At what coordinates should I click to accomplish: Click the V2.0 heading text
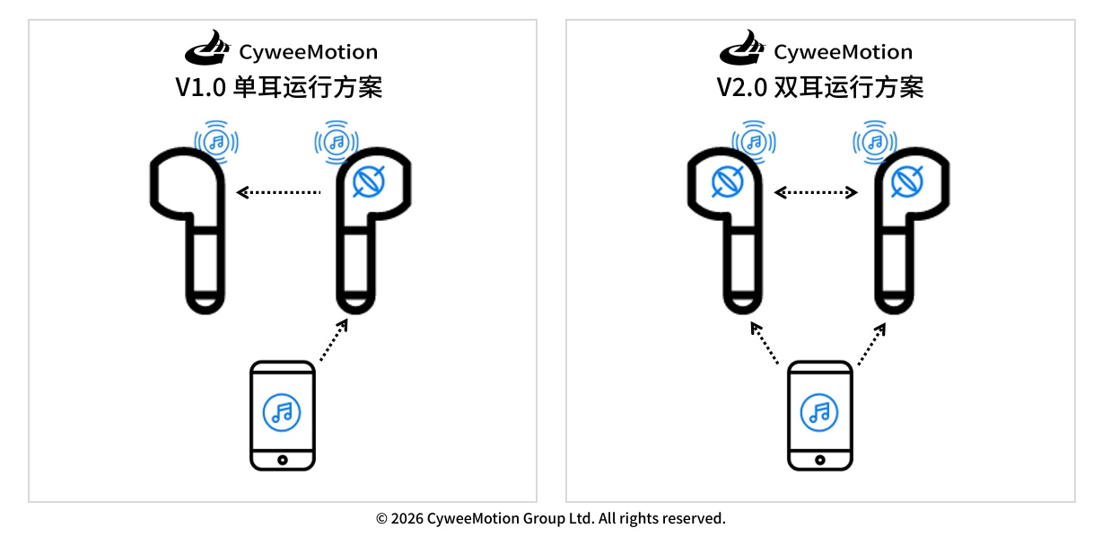pyautogui.click(x=819, y=88)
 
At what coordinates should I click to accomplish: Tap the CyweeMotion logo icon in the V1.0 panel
pyautogui.click(x=207, y=49)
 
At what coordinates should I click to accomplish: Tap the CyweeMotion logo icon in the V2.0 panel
pyautogui.click(x=744, y=49)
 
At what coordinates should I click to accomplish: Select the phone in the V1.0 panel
pyautogui.click(x=283, y=415)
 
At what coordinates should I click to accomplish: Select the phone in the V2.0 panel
pyautogui.click(x=819, y=415)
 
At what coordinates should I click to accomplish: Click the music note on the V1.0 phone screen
pyautogui.click(x=283, y=412)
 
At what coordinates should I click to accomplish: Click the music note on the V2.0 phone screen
pyautogui.click(x=819, y=412)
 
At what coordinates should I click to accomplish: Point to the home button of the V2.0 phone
pyautogui.click(x=819, y=459)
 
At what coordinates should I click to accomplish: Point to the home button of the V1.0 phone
pyautogui.click(x=283, y=459)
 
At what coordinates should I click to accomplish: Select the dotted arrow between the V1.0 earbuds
pyautogui.click(x=278, y=191)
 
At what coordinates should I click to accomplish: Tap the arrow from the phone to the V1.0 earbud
pyautogui.click(x=333, y=340)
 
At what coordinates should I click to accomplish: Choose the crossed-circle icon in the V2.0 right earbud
pyautogui.click(x=906, y=182)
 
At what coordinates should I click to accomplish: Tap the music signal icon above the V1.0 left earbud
pyautogui.click(x=215, y=141)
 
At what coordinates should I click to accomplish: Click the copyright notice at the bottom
pyautogui.click(x=550, y=518)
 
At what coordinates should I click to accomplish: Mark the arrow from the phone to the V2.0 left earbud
pyautogui.click(x=765, y=343)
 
